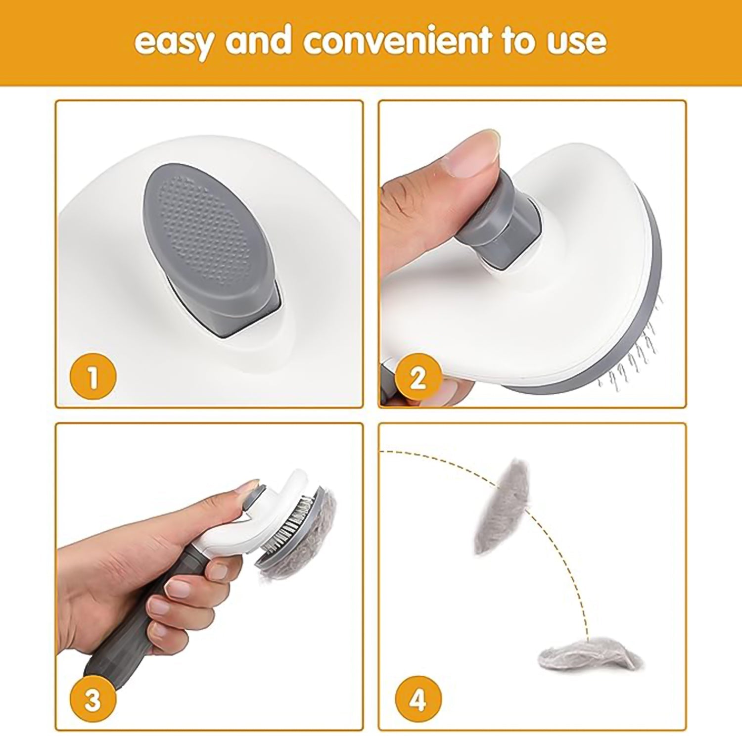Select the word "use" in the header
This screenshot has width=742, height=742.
576,42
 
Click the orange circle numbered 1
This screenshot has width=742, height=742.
93,378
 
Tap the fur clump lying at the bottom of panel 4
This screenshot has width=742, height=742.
589,655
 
